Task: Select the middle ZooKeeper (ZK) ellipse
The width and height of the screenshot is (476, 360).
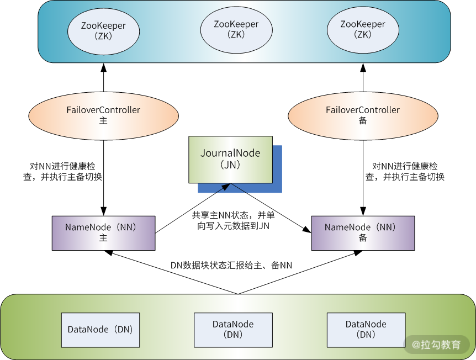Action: (x=236, y=29)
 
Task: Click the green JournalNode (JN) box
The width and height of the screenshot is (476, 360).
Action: (x=230, y=158)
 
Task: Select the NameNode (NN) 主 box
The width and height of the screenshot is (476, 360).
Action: (x=103, y=232)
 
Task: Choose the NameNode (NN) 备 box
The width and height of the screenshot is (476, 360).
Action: (x=363, y=232)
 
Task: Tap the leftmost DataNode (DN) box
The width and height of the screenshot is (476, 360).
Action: (x=101, y=330)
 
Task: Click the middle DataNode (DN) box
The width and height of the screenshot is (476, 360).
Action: (x=234, y=330)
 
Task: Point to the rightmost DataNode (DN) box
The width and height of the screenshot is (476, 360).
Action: (x=366, y=330)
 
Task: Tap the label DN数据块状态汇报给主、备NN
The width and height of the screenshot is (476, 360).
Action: (x=231, y=266)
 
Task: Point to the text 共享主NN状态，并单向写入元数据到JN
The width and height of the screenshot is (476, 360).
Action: (x=232, y=220)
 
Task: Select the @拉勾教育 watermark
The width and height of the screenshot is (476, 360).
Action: (x=436, y=345)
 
